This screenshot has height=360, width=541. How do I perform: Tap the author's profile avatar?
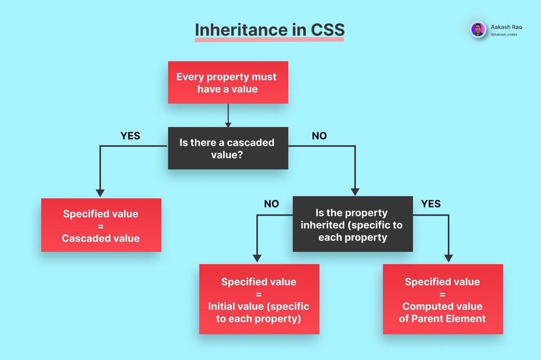point(478,30)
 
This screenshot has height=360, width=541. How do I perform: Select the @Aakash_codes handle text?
point(504,34)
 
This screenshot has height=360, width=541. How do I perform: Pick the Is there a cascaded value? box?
point(228,148)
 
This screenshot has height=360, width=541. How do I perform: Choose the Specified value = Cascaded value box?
point(101,225)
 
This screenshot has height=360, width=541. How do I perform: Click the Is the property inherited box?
point(353,224)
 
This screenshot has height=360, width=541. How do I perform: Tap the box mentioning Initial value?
point(259,299)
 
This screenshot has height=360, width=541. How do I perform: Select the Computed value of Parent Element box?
point(442,299)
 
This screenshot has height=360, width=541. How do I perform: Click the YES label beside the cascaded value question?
point(130,136)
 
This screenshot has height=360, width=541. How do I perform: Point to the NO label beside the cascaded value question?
point(319,136)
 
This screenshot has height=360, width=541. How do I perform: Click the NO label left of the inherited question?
point(271,204)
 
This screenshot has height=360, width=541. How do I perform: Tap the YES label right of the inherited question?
point(431,204)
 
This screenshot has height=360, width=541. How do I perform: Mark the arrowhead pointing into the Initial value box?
point(257,258)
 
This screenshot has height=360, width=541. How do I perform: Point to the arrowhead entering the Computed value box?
point(448,258)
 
